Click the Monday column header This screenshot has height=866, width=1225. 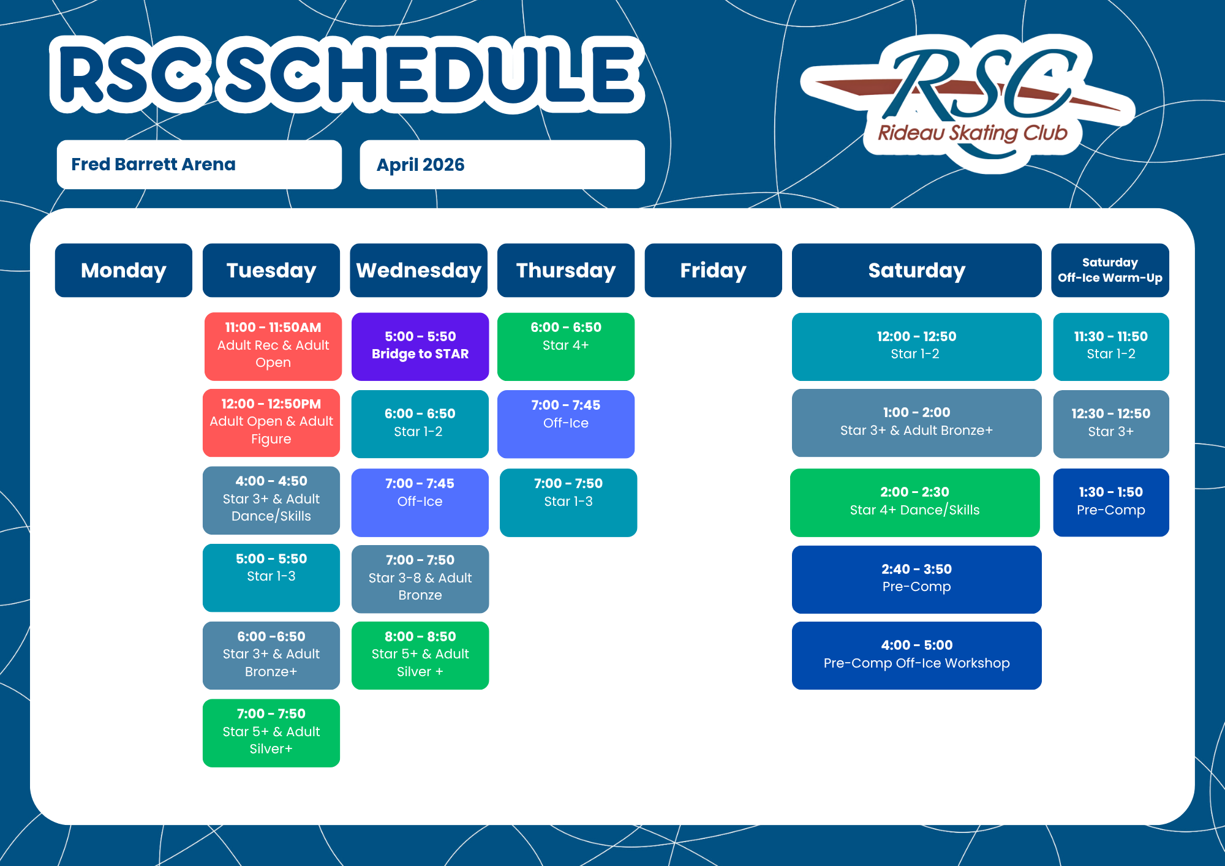coord(124,270)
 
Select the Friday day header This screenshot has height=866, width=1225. coord(713,270)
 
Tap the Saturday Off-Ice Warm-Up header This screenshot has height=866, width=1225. coord(1110,270)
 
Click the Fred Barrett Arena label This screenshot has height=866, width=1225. coord(199,164)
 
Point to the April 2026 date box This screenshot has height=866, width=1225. coord(502,164)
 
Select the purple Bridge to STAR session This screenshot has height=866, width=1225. coord(420,347)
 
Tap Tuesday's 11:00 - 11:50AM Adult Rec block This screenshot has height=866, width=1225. coord(273,347)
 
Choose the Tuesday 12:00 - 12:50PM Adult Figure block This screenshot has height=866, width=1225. coord(271,423)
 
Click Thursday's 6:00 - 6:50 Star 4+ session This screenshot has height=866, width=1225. coord(566,347)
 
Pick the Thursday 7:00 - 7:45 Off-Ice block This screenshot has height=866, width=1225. coord(566,424)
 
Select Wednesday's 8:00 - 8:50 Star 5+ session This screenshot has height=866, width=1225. coord(420,655)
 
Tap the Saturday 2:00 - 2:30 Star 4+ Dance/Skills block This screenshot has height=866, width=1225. coord(915,502)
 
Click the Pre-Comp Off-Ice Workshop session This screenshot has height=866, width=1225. coord(917,655)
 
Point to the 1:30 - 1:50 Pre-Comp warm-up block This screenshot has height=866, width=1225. coord(1111,502)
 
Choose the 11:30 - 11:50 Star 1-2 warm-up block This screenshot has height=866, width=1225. coord(1111,347)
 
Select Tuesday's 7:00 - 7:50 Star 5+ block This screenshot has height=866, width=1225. coord(271,732)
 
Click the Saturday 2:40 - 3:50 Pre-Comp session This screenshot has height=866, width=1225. coord(917,579)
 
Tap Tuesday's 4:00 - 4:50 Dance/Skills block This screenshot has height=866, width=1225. coord(271,500)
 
